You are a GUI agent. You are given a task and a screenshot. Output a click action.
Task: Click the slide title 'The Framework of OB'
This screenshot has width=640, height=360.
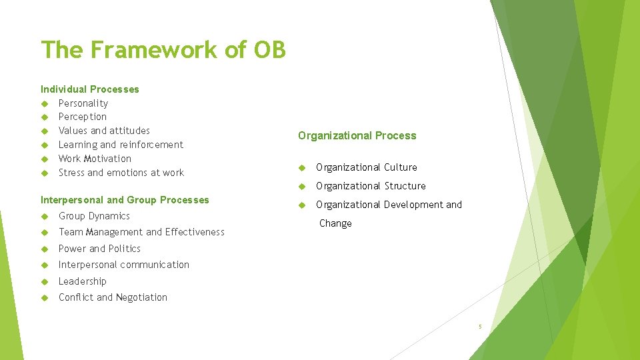(163, 50)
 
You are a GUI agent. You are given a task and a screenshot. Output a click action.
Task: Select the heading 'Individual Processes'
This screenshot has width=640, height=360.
(90, 89)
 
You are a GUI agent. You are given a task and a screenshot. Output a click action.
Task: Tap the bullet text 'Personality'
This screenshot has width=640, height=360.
(83, 103)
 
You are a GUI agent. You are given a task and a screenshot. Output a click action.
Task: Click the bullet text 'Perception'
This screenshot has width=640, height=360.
(83, 117)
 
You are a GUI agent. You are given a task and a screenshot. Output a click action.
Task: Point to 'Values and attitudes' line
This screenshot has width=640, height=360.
(104, 131)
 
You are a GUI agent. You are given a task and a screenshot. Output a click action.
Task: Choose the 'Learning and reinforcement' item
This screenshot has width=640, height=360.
(121, 145)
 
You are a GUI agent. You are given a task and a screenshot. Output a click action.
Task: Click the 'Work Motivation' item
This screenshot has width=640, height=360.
(95, 159)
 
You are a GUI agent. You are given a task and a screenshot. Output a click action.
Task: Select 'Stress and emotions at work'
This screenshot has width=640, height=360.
(121, 173)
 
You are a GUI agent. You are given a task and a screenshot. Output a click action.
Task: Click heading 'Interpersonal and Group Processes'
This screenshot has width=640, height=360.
(125, 200)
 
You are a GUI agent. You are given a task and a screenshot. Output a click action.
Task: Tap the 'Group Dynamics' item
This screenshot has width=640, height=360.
(94, 216)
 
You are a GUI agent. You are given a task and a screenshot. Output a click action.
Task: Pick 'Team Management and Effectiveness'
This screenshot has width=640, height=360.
(141, 232)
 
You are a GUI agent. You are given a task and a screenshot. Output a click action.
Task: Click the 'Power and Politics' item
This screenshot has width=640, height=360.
(99, 249)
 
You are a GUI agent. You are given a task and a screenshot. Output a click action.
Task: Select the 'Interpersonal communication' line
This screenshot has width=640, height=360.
(124, 265)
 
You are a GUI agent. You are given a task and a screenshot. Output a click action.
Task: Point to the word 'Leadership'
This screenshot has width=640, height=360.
(83, 281)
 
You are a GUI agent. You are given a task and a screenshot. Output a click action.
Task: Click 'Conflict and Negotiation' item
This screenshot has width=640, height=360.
(113, 297)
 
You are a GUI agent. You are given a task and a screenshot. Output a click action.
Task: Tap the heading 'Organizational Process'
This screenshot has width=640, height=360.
(357, 136)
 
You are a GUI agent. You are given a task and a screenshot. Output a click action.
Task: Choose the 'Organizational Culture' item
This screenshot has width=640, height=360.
(366, 167)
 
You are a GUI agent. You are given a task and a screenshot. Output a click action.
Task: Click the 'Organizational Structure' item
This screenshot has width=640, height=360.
(371, 186)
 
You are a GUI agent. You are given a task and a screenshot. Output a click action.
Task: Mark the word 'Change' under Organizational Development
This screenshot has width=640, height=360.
(335, 223)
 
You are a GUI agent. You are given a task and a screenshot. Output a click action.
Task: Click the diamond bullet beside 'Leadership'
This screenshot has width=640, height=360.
(45, 281)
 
